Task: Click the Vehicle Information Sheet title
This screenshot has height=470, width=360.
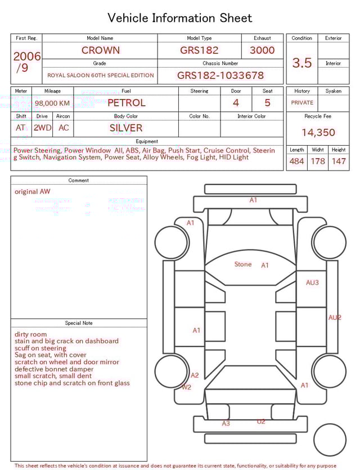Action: (x=180, y=18)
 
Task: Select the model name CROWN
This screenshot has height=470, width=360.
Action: (x=100, y=50)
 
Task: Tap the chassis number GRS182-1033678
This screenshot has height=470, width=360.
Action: (x=220, y=75)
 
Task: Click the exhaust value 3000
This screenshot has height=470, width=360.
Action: (x=262, y=50)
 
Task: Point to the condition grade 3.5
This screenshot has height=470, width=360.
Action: (x=302, y=63)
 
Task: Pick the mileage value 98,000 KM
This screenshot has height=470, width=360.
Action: (x=52, y=104)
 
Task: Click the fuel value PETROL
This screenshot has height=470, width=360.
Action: (x=126, y=103)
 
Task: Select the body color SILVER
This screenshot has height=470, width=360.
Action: (x=126, y=128)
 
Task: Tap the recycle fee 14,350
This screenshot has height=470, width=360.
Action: (x=318, y=133)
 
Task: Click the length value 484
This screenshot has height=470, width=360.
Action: (x=296, y=162)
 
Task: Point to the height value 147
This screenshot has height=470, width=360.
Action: (x=339, y=162)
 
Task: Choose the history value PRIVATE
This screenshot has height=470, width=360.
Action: (x=302, y=103)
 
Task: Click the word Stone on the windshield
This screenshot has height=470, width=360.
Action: (x=243, y=265)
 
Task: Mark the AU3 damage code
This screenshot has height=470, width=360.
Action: (x=312, y=283)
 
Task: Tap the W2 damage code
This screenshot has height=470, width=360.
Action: (x=186, y=387)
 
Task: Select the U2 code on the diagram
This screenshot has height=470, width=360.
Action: (x=261, y=422)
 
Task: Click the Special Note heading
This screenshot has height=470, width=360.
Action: (x=79, y=323)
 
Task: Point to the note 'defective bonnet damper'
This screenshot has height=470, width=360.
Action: (x=54, y=369)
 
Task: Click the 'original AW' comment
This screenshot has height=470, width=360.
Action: (x=32, y=191)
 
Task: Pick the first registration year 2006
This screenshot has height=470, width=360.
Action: (x=27, y=56)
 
